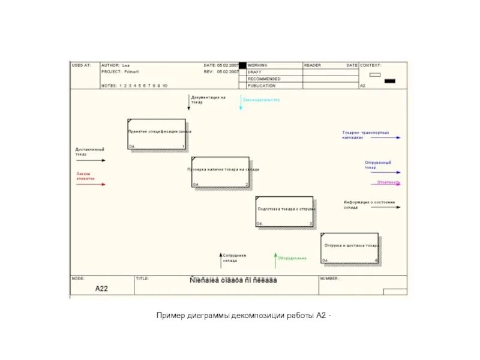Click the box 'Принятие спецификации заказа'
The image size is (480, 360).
157,134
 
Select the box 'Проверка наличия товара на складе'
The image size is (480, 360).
220,172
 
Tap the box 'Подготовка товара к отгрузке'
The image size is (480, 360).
284,211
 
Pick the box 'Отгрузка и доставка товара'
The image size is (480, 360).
350,248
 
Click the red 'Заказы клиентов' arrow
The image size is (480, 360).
91,184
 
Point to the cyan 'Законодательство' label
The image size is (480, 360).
261,100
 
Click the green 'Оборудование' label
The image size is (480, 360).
292,258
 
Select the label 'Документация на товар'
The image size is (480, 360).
208,99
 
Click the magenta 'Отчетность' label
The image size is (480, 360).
388,182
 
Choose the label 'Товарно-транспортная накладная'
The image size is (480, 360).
365,134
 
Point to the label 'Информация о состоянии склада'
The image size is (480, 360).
369,205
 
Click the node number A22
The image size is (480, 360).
102,289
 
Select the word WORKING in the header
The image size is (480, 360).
258,65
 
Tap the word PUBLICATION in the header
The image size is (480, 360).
262,86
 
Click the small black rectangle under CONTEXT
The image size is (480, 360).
389,80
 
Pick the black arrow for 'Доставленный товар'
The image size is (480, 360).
91,160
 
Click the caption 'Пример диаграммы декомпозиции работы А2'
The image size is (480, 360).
244,316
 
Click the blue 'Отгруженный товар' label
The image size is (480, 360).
378,164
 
